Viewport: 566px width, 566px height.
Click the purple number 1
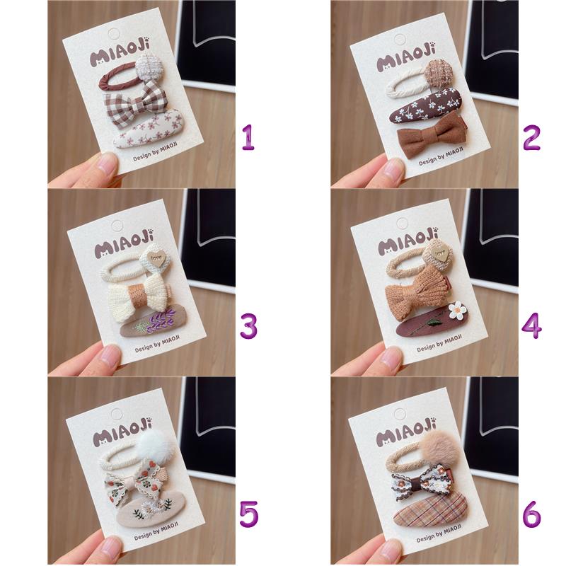click(x=249, y=137)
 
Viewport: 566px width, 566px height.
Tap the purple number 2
click(x=532, y=137)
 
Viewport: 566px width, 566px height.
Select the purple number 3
click(x=249, y=326)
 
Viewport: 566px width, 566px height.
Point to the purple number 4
click(x=532, y=326)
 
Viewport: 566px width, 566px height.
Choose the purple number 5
click(x=249, y=514)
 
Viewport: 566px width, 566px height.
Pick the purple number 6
click(x=532, y=514)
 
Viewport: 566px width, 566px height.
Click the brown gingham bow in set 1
click(x=137, y=103)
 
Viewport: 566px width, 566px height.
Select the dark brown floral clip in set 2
click(x=426, y=105)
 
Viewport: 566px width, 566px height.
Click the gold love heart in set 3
click(x=156, y=258)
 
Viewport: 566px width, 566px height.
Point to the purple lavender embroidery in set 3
click(x=161, y=318)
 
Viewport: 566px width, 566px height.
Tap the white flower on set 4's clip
click(x=457, y=311)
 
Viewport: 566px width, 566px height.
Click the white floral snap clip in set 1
click(x=148, y=129)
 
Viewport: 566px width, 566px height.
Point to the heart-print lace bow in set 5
click(x=135, y=482)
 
